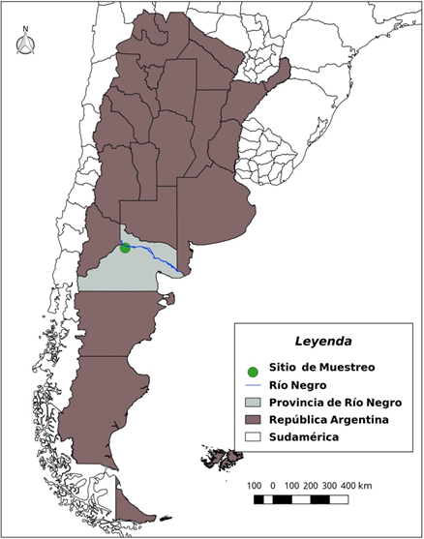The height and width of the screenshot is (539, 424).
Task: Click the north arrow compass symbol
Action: (x=27, y=45)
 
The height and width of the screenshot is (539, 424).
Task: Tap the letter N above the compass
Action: (x=27, y=29)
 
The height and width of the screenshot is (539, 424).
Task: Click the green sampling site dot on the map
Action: (x=125, y=249)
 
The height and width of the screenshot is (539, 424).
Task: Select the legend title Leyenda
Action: (x=323, y=342)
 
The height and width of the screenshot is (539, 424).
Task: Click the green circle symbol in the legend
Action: (x=253, y=372)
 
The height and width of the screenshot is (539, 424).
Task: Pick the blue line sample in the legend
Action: (x=253, y=385)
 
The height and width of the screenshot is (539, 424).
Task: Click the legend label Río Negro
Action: (x=296, y=384)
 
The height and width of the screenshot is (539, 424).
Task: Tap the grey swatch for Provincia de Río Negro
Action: (x=253, y=402)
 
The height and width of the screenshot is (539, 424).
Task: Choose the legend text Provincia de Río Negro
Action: (x=336, y=402)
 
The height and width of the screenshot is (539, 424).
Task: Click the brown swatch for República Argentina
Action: (x=253, y=419)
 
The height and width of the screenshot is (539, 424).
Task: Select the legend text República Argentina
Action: (x=328, y=419)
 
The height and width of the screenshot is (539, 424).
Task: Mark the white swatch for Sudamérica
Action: (x=253, y=436)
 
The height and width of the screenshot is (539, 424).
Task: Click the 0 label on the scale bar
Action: (x=273, y=484)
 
